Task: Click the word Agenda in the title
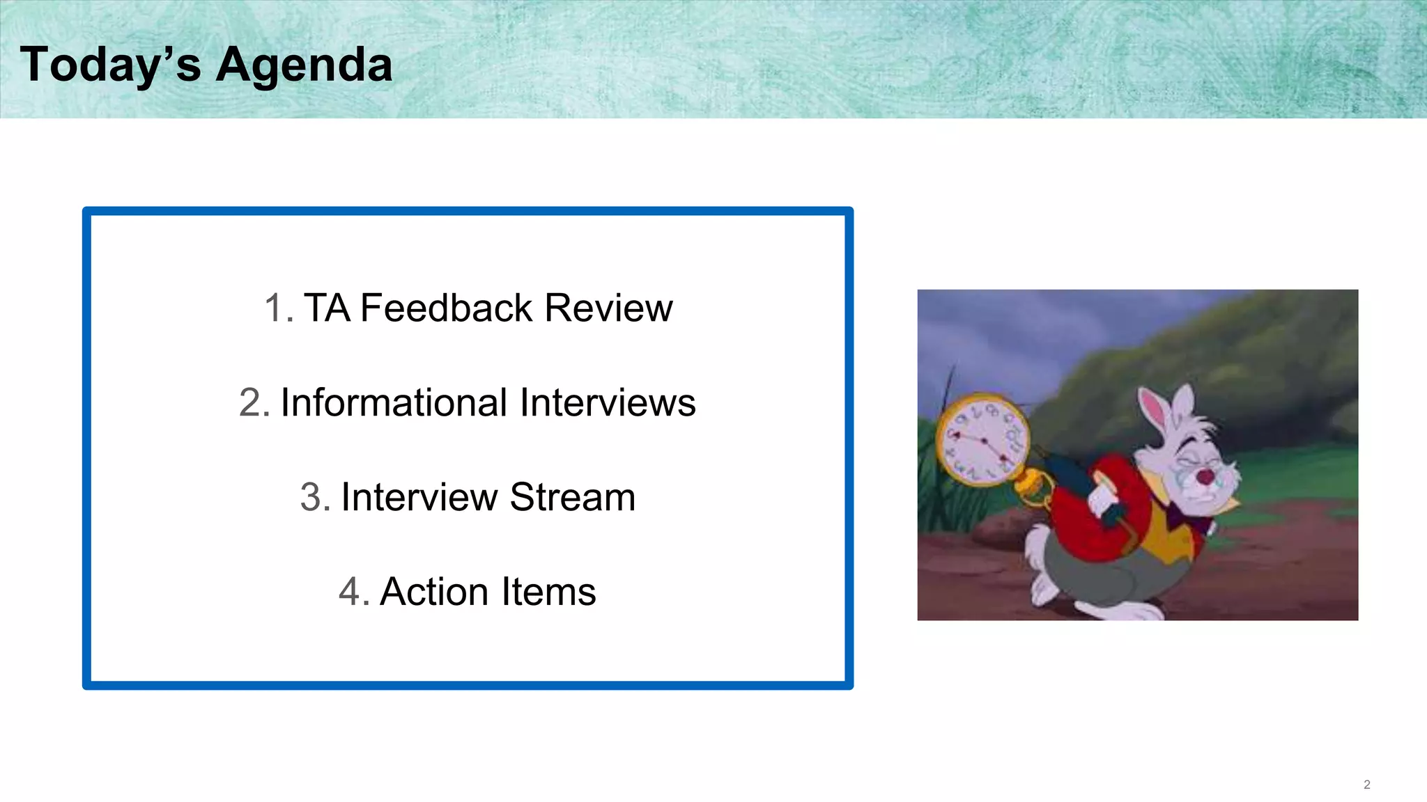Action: [304, 65]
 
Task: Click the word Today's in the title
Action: [110, 64]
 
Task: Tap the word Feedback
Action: [446, 308]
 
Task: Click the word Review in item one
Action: [608, 308]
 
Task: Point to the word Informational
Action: [394, 402]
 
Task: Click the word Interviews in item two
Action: [608, 402]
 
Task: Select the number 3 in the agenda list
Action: [311, 497]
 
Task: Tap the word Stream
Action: [572, 497]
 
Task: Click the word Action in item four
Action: [433, 592]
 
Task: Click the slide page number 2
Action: [1366, 785]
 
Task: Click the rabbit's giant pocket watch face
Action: [981, 440]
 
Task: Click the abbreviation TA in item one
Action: [326, 308]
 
